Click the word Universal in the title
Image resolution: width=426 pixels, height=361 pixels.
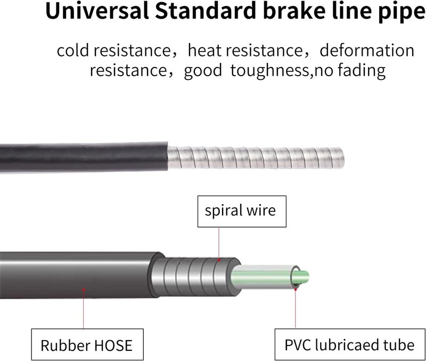97,11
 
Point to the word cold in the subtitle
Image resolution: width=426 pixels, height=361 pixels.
72,50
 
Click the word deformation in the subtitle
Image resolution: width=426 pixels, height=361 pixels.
367,50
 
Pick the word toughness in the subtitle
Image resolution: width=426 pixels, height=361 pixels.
269,71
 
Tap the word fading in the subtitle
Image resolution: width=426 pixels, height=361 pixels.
362,71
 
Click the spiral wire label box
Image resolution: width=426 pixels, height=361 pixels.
242,211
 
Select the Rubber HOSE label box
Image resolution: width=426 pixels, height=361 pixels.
87,344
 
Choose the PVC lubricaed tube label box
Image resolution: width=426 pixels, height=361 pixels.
350,344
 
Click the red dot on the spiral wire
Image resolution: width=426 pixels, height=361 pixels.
219,260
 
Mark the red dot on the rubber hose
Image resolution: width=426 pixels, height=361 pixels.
84,290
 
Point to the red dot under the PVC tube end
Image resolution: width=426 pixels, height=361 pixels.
296,289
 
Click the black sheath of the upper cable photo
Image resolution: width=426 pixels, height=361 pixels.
84,157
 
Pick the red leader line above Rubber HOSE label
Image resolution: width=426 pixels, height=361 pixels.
84,310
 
